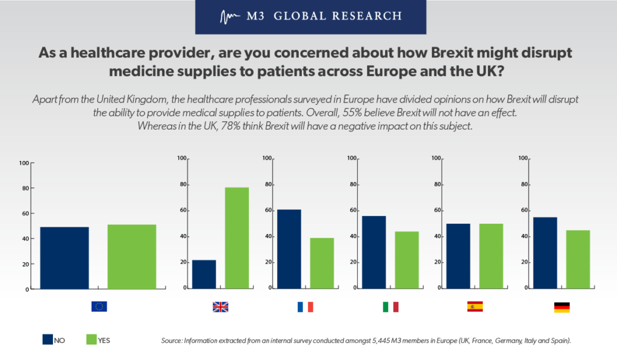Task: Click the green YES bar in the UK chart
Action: pos(237,238)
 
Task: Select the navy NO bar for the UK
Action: pos(204,274)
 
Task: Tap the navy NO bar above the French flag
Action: pos(289,249)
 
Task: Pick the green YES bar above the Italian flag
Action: pos(407,260)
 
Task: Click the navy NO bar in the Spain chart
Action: pos(458,256)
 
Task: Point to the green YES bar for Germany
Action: pos(578,259)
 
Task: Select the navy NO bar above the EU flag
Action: pos(64,258)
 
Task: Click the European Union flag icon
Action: pos(99,306)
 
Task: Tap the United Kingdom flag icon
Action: pos(221,307)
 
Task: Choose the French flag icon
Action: pos(305,307)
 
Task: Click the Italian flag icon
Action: pos(390,307)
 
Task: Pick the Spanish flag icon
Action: pos(475,306)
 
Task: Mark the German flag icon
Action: pos(562,307)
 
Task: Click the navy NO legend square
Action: pos(48,339)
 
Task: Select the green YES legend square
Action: pos(92,339)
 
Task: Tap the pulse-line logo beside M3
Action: pos(230,16)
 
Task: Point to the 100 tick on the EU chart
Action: pos(23,163)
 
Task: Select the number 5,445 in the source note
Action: pos(381,341)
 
